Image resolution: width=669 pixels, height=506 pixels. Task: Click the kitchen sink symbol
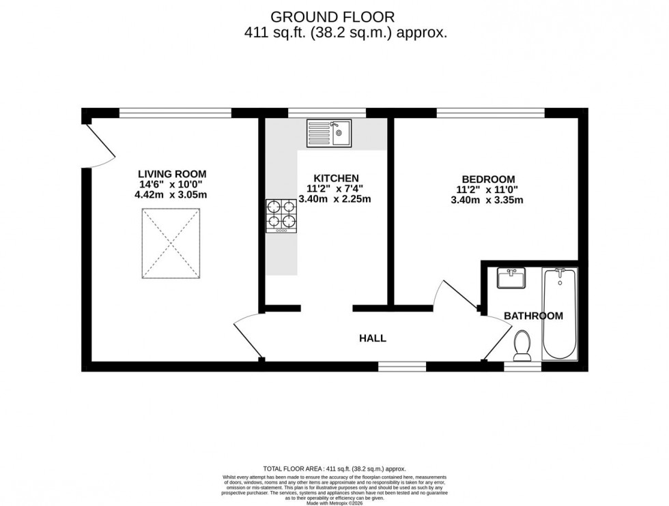coord(328,133)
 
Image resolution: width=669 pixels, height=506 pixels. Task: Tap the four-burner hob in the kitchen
coord(281,216)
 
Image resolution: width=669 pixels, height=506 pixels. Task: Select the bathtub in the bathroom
coord(560,314)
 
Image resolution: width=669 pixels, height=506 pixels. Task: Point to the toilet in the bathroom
coord(524,346)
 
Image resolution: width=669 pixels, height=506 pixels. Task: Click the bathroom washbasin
coord(511,278)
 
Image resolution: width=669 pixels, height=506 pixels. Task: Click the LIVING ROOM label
coord(172,174)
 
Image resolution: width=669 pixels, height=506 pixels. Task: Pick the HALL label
coord(373,338)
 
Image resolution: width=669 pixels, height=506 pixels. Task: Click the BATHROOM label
coord(533,316)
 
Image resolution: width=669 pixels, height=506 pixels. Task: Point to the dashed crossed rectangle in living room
coord(172,243)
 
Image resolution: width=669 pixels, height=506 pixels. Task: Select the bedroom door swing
coord(456,295)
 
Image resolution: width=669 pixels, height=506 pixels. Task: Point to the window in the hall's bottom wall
coord(401,366)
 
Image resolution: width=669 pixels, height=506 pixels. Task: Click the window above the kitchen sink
coord(326,113)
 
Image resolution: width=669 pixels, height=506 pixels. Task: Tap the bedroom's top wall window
coord(490,113)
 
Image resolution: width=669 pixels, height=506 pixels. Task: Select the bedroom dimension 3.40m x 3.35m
coord(487,200)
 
